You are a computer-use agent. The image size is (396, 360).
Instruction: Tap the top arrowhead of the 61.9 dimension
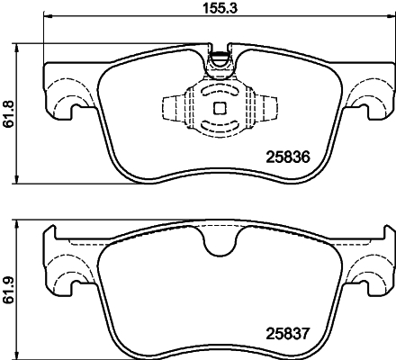point(22,220)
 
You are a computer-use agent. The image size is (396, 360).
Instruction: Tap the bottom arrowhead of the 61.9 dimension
point(22,354)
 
